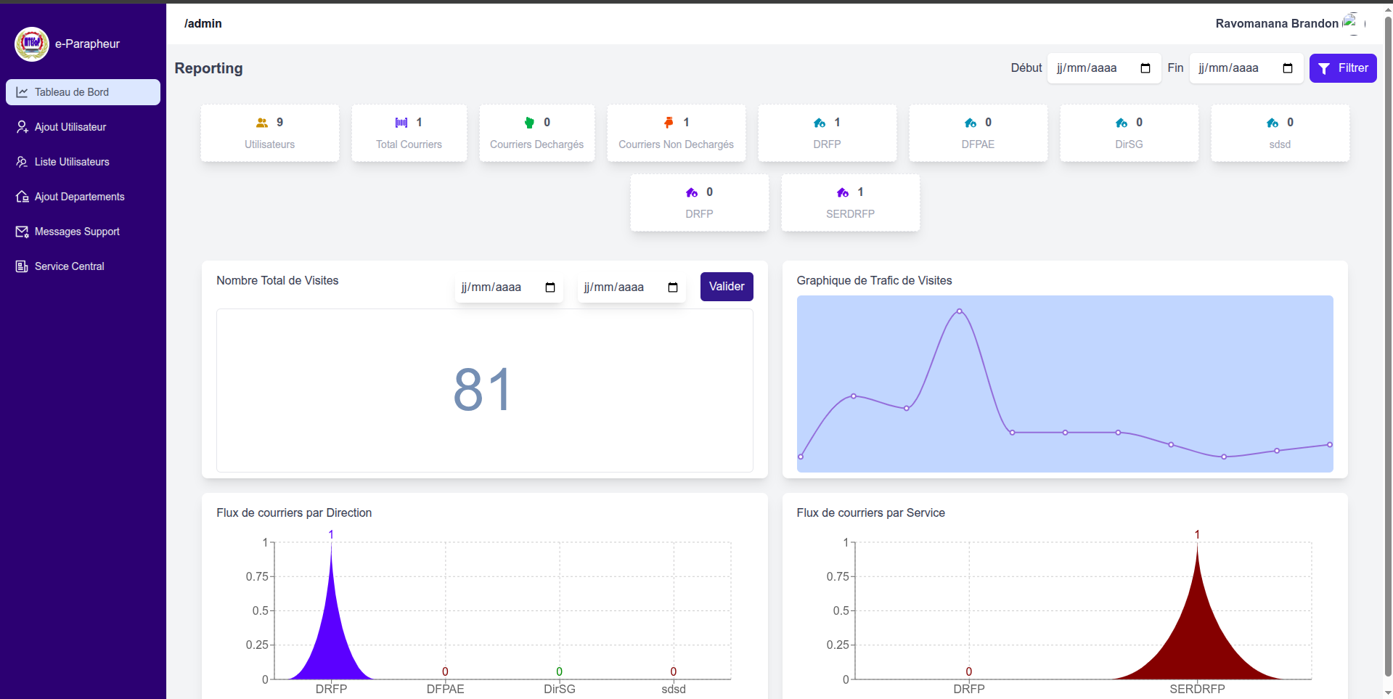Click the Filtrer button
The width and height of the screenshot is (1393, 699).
[x=1343, y=68]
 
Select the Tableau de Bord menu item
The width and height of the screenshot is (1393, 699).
[x=83, y=92]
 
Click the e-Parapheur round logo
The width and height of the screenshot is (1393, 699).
[x=32, y=44]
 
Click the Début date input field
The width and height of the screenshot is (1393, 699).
[x=1103, y=68]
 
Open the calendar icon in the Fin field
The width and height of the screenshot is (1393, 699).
[x=1288, y=68]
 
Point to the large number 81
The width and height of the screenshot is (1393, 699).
[x=482, y=390]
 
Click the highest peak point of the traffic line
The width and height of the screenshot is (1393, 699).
[x=960, y=311]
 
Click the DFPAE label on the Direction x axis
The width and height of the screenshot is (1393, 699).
[x=445, y=689]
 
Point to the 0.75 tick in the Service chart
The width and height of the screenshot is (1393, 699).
[x=838, y=576]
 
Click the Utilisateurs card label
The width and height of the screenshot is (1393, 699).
[x=269, y=144]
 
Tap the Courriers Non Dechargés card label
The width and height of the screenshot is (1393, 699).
[x=676, y=144]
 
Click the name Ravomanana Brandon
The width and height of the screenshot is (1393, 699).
[x=1277, y=23]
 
